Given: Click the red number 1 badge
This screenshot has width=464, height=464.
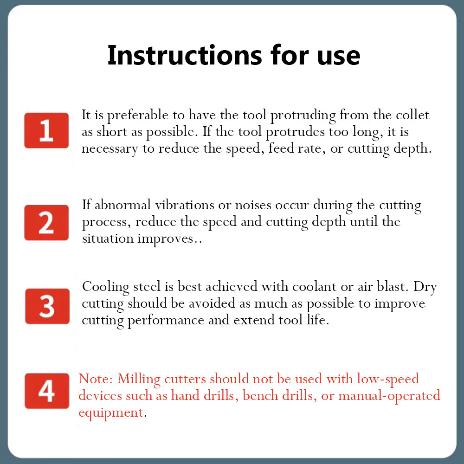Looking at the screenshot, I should [46, 130].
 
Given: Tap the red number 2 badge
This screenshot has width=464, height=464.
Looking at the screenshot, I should [46, 222].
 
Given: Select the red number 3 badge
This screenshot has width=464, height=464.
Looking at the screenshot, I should [47, 306].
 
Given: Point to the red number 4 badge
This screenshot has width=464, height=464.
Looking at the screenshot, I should [46, 391].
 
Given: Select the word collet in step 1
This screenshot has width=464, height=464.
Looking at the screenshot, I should [412, 115].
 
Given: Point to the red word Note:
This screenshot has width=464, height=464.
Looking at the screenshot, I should [96, 379].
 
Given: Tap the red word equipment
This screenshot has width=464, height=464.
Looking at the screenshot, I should [110, 412].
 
